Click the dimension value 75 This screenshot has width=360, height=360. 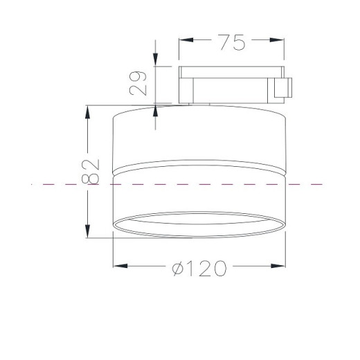[x=232, y=42]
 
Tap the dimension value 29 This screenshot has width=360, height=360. [x=138, y=83]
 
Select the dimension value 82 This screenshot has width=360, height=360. [x=90, y=171]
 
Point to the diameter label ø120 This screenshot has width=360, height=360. [x=199, y=269]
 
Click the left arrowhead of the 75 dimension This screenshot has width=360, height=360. [x=186, y=40]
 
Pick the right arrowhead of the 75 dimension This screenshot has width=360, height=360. [x=277, y=40]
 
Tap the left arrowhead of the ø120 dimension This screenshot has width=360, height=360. [x=120, y=266]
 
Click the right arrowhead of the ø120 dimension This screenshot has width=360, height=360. [x=278, y=266]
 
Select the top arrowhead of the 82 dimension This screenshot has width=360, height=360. [x=87, y=112]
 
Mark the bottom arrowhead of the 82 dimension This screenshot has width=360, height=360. [x=87, y=231]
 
